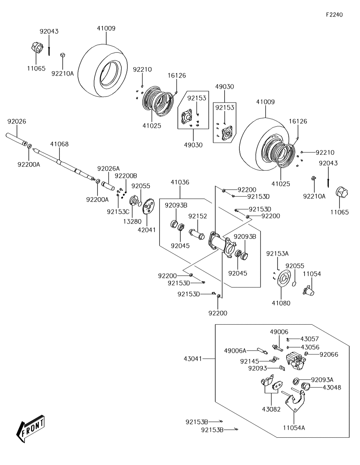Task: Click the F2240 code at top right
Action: [334, 15]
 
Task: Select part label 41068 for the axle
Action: [59, 144]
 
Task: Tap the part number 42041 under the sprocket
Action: [147, 230]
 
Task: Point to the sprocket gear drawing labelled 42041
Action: [148, 208]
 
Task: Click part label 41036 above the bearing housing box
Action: [180, 182]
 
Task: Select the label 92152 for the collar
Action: [198, 216]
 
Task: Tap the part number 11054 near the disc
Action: [312, 274]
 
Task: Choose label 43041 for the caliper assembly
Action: [193, 359]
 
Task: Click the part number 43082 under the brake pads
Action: [271, 409]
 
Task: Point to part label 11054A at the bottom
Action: [294, 428]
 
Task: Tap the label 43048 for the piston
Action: [332, 388]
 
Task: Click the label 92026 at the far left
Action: [17, 122]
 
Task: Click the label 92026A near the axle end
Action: [108, 168]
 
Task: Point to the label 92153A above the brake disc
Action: [277, 254]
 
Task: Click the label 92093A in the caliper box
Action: [322, 379]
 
